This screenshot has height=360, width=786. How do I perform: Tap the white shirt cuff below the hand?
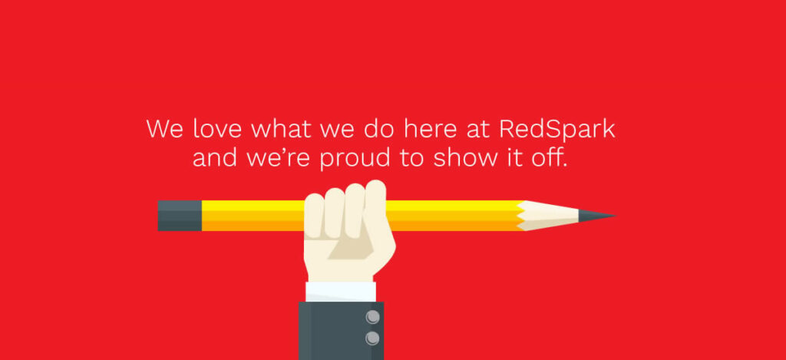pyautogui.click(x=341, y=292)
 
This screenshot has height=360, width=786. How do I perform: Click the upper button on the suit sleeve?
pyautogui.click(x=372, y=316)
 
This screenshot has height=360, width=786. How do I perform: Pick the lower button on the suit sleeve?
pyautogui.click(x=372, y=338)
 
